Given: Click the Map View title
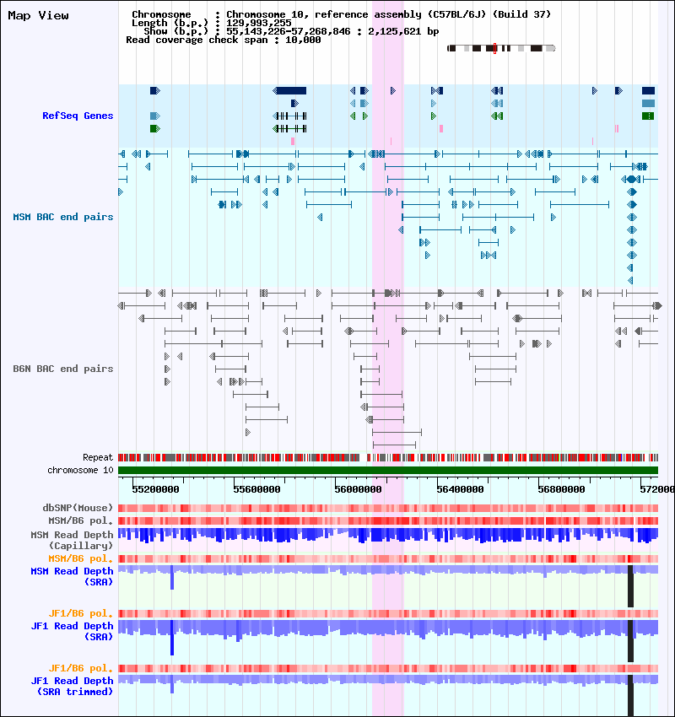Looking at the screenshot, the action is [x=39, y=15].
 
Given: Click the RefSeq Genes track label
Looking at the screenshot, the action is [x=78, y=116].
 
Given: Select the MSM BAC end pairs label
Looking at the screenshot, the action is [x=63, y=217].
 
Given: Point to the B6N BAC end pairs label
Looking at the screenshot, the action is [x=63, y=369].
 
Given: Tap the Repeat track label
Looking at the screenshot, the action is [x=98, y=457].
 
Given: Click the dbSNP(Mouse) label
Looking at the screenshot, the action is [x=78, y=508].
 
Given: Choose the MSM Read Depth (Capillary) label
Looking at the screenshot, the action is [x=73, y=540].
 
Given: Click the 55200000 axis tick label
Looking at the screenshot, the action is [x=155, y=489].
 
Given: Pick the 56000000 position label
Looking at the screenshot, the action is [x=358, y=489].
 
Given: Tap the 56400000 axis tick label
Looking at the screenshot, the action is [x=460, y=489].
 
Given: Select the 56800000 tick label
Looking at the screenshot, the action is [x=561, y=489].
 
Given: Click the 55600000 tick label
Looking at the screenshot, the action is [x=256, y=489].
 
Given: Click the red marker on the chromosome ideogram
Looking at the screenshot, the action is [x=494, y=48].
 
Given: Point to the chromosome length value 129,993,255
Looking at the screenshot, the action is [x=259, y=23].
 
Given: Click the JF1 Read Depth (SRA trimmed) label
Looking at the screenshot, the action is [x=73, y=687].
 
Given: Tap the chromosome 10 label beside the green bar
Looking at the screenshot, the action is [x=80, y=470].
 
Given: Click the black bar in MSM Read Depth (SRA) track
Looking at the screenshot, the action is [x=630, y=586].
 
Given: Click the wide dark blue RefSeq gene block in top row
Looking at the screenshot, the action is [x=291, y=90].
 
